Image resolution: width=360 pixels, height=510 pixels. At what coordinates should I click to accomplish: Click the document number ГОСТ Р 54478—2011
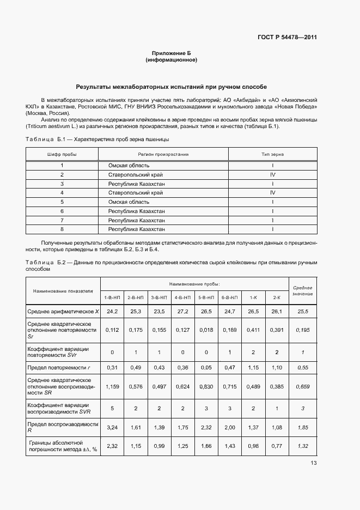287,38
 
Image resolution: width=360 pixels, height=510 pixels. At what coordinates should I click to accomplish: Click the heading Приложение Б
171,53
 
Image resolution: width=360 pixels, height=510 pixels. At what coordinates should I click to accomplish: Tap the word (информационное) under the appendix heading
171,60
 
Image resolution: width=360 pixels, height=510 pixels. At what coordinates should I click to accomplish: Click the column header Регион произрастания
163,154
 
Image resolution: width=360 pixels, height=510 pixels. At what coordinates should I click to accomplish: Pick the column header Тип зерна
272,154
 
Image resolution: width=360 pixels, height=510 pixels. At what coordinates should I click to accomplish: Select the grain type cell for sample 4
272,192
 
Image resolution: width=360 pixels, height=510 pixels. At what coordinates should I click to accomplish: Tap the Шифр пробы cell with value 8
62,229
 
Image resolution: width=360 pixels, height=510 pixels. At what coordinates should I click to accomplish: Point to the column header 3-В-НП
158,297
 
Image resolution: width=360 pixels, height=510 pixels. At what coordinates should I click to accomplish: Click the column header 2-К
276,297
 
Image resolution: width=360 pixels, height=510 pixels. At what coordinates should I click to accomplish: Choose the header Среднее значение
302,290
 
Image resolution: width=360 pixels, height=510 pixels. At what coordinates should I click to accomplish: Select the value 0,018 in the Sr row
206,330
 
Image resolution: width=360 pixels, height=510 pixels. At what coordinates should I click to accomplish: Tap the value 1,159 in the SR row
112,386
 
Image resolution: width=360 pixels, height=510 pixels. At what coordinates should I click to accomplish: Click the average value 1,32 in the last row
302,446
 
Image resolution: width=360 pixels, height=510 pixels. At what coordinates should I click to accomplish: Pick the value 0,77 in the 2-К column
276,446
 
